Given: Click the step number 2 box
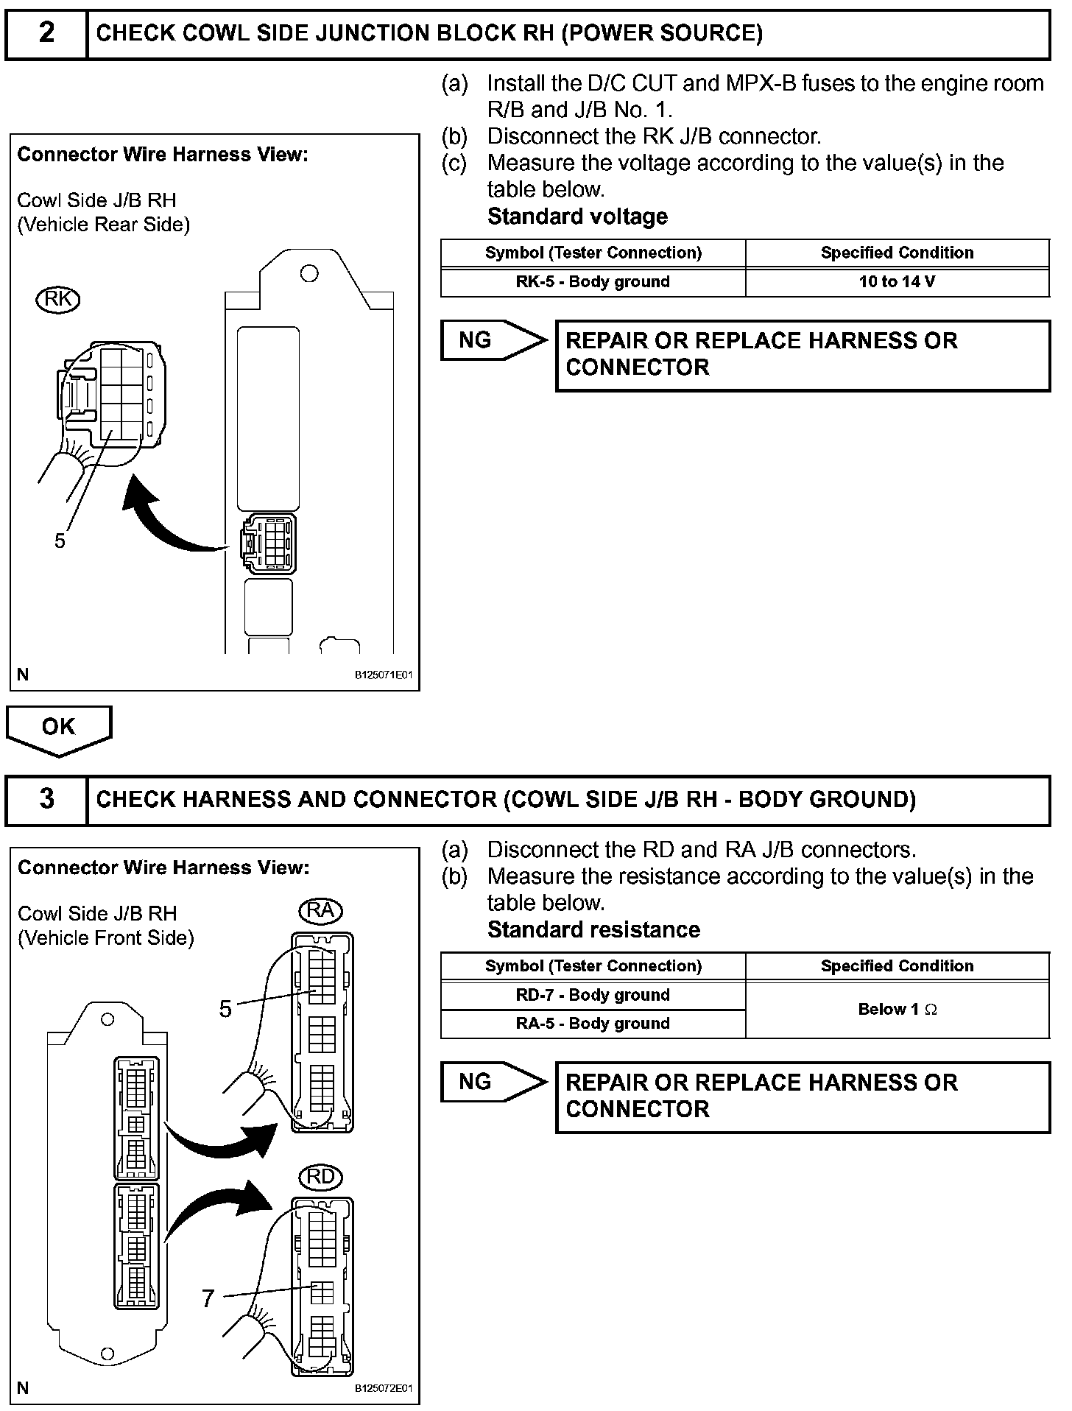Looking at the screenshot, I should tap(46, 33).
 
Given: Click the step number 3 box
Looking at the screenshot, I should tap(46, 799).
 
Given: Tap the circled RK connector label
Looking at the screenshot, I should tap(57, 299).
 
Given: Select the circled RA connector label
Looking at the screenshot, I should tap(320, 910).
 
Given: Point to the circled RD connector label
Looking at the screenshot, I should tap(320, 1177).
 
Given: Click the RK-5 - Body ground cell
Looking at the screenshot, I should tap(593, 282).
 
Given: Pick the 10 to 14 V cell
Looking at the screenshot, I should tap(897, 282).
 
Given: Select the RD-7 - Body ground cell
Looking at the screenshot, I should tap(593, 996).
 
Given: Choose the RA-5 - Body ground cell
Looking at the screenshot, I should tap(593, 1024).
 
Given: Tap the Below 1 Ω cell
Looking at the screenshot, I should tap(897, 1010).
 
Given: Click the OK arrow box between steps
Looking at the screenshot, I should tap(58, 728).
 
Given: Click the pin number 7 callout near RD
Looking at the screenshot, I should tap(208, 1298).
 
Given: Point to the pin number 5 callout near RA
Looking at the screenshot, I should tap(225, 1008).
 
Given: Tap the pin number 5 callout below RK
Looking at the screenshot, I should tap(60, 541).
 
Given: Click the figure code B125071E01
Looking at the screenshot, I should tap(384, 675).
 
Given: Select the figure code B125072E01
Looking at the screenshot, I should tap(384, 1389).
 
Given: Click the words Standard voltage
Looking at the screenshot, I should tap(577, 217).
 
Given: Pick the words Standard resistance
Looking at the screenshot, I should tap(593, 930).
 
